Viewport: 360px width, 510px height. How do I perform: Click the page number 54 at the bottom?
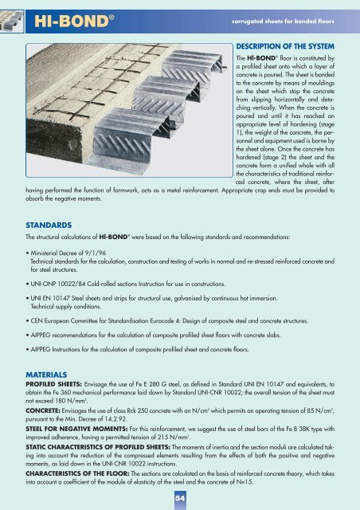point(180,496)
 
